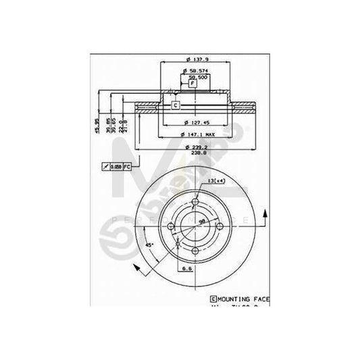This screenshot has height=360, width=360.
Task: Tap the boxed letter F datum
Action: pyautogui.click(x=192, y=83)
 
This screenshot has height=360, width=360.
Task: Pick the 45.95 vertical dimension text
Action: pyautogui.click(x=96, y=124)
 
